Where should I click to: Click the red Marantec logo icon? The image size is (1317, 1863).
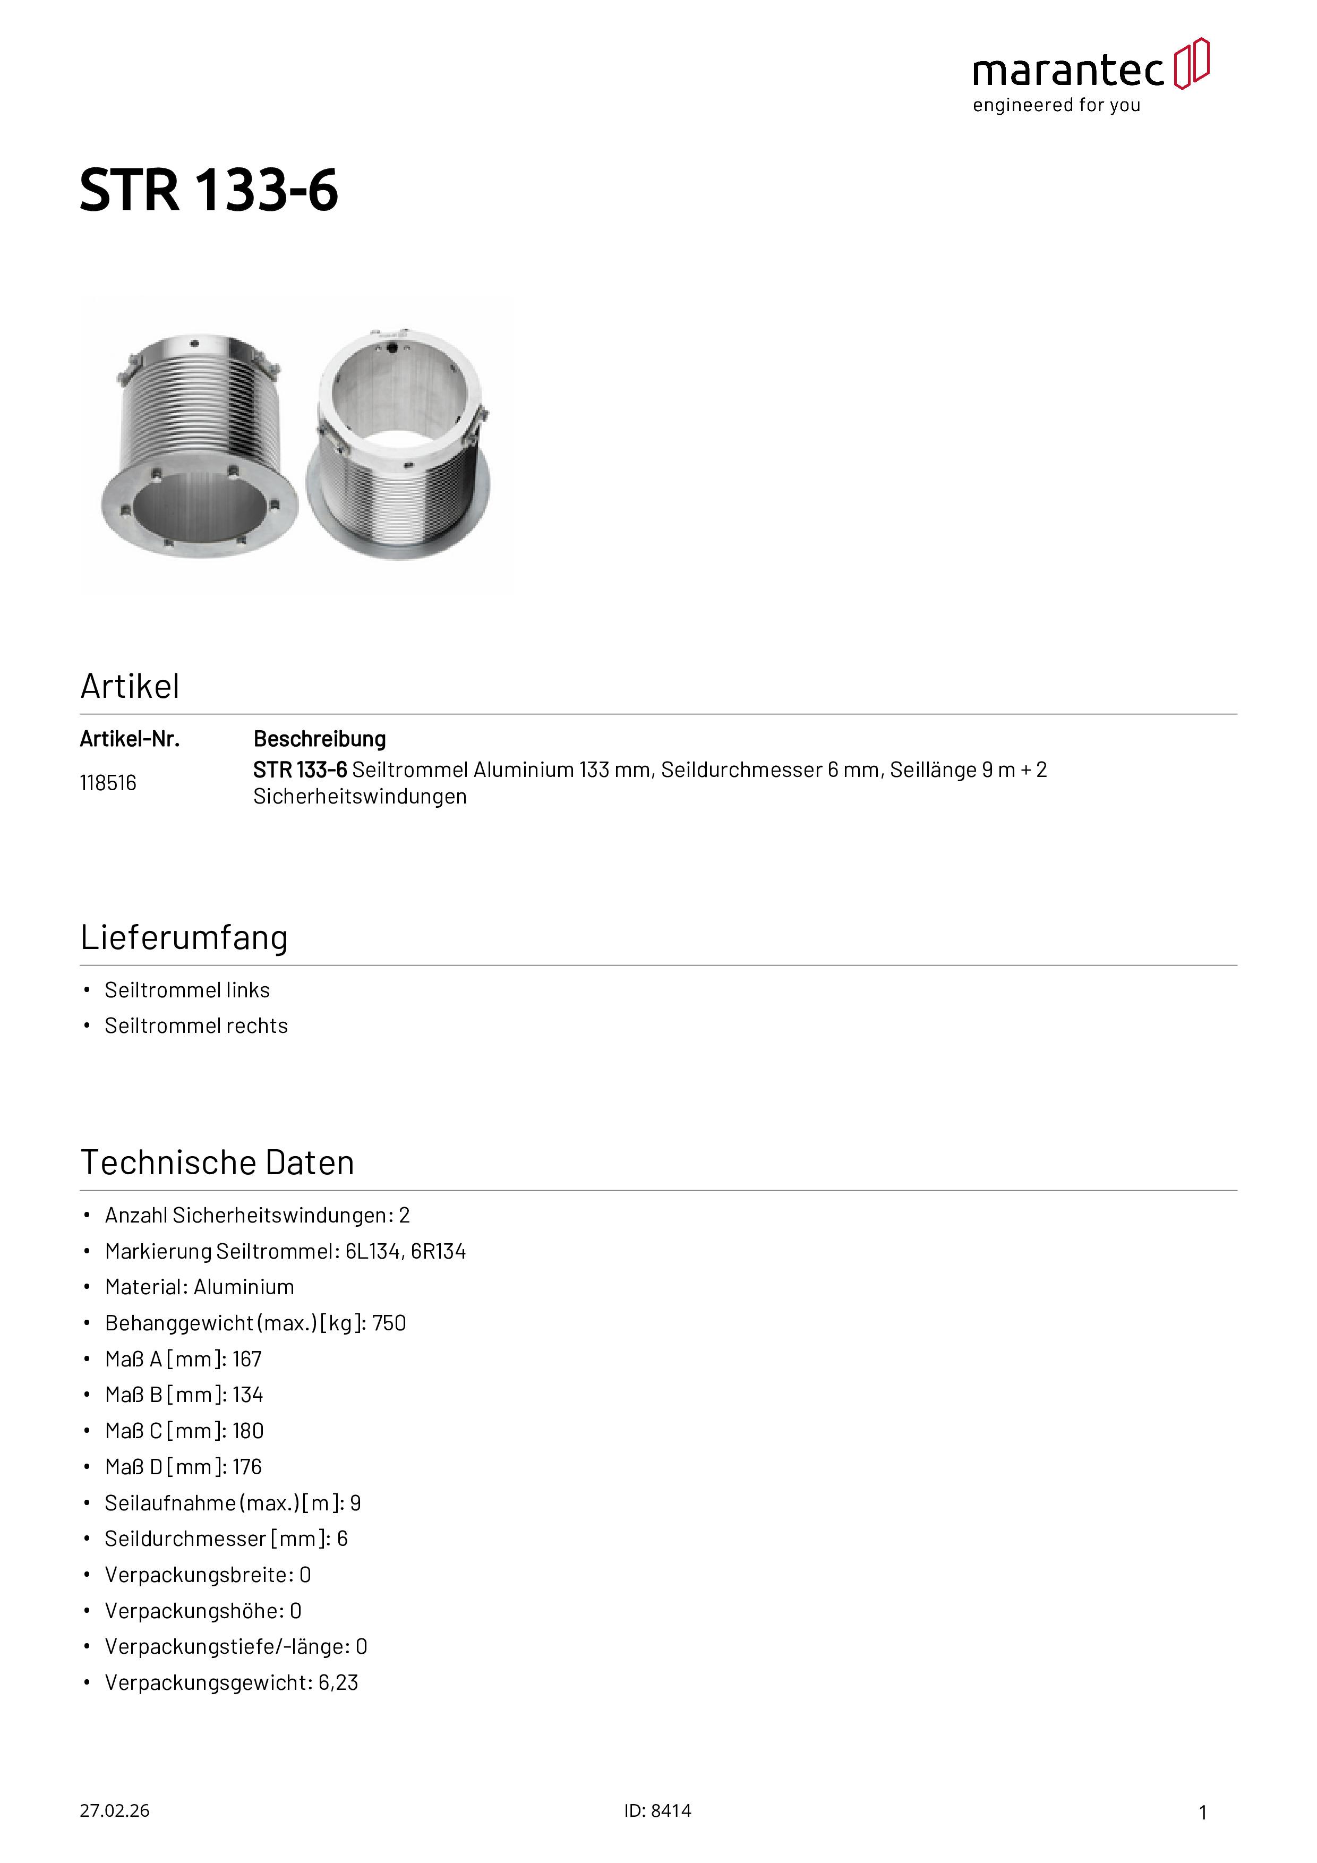(1191, 63)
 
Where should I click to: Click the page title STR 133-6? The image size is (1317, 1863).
(209, 191)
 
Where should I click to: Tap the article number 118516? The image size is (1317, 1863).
(108, 783)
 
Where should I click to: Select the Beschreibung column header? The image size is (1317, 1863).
(320, 739)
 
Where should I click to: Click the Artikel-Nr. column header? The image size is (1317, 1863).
(130, 739)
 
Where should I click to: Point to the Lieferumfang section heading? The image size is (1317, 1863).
(184, 937)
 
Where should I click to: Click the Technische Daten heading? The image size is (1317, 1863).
(218, 1162)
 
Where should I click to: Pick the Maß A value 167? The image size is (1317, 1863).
(247, 1359)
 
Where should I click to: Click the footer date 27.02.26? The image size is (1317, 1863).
(114, 1810)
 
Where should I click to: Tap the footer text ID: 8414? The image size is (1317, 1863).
(657, 1810)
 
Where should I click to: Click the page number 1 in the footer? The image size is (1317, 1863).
(1203, 1812)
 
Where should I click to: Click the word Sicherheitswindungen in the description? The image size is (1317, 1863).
(360, 797)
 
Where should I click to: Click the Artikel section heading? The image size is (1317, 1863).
(130, 687)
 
